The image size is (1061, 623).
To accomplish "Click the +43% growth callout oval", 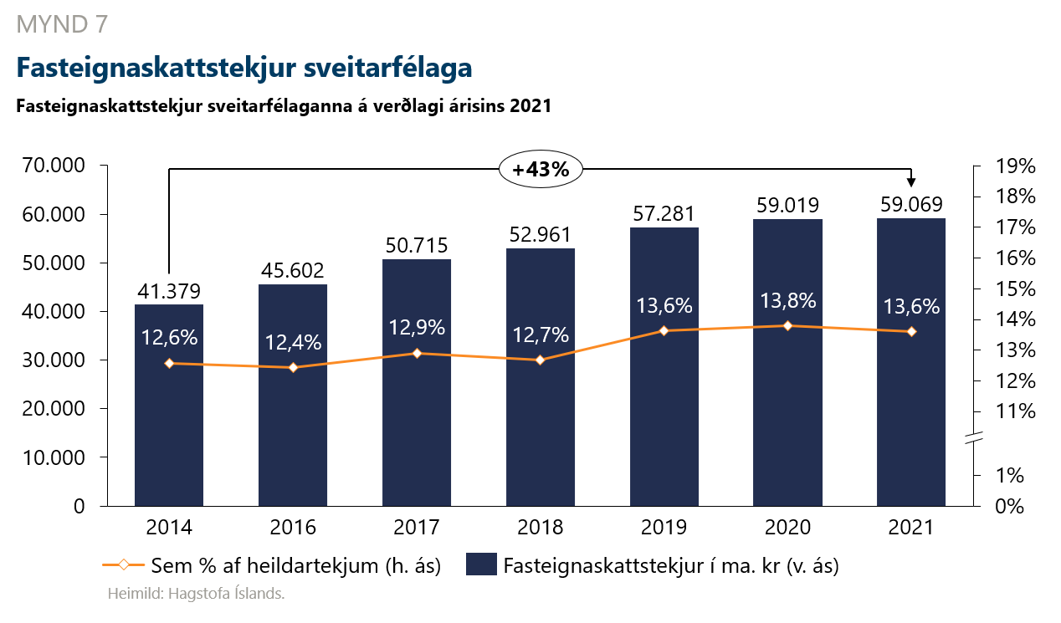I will point(541,169).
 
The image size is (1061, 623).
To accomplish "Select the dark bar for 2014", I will point(169,418).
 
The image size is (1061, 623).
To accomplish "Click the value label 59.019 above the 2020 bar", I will point(787,205).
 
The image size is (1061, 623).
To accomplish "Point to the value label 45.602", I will point(292,271).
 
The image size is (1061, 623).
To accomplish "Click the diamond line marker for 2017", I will point(417,353).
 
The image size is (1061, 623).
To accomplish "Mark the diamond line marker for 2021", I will point(911,332).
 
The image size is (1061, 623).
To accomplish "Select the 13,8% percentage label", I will point(787,300).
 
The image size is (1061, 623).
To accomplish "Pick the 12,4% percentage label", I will point(292,342).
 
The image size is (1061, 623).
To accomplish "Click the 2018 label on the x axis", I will point(540,529).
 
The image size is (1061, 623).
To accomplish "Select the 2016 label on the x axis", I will point(292,529).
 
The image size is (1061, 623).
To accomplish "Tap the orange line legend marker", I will point(122,565).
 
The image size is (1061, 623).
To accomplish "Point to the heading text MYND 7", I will point(61,25).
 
